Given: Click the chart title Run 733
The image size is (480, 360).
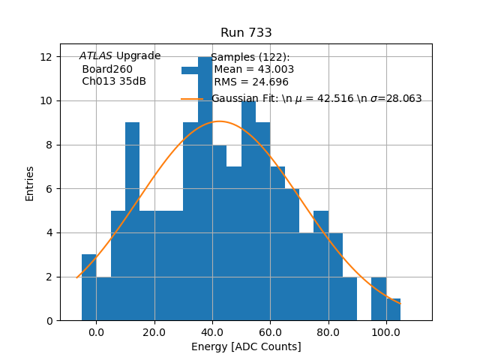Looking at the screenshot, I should coord(246,33).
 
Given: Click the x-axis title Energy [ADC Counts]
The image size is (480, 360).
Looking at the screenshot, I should coord(246,346).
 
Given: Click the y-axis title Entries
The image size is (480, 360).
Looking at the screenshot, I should coord(30,183).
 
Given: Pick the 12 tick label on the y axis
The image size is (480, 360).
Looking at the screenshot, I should coord(46,57).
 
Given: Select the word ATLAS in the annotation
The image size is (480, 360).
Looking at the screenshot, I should coord(96,56).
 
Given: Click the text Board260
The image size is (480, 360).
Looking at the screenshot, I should coord(107,69).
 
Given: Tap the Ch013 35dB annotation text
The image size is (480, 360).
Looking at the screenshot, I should coord(114,82).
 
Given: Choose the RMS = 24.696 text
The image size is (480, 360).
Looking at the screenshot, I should coord(251,82).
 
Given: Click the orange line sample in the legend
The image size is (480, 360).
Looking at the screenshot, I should coord(192,99).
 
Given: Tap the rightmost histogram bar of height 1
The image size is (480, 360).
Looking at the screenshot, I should coord(393,310).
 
